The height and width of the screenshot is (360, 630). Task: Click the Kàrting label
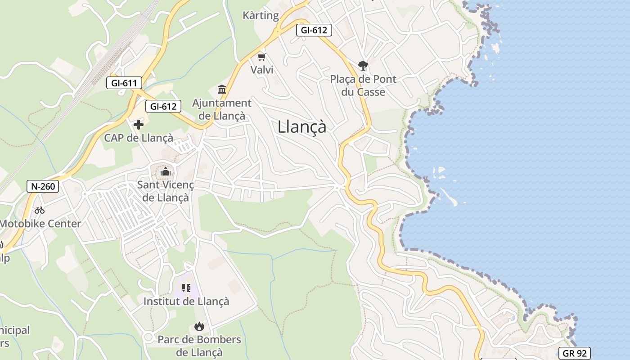261,15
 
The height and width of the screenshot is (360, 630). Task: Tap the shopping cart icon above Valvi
262,57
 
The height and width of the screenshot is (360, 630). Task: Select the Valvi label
262,70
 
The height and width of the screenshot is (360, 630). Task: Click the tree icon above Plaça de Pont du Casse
363,66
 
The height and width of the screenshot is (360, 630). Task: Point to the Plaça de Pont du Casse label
363,85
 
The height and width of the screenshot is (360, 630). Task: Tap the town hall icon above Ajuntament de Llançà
222,89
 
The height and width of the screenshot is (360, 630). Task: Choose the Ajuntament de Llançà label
222,109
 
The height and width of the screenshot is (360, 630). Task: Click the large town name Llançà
302,126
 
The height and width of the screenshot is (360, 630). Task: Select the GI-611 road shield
124,83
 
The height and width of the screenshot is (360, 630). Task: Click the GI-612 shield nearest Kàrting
314,30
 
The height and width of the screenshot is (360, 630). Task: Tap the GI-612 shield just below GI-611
163,106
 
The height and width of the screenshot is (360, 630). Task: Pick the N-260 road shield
43,186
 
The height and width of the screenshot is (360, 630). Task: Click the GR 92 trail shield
574,353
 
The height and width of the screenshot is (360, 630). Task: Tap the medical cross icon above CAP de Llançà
139,124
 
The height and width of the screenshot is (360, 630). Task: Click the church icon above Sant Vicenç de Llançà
166,171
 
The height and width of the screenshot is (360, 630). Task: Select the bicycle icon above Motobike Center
40,210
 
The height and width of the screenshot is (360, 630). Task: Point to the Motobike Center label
40,224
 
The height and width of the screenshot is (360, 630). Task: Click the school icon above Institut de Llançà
186,288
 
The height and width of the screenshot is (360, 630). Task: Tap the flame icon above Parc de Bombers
199,326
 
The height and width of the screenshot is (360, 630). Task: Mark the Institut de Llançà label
186,301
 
